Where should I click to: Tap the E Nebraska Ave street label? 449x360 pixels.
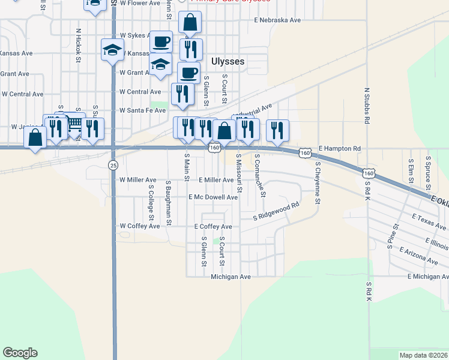point(277,20)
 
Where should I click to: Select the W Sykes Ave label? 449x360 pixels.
point(134,35)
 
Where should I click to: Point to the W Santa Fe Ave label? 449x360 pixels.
point(142,110)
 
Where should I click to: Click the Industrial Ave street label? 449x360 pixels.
point(252,113)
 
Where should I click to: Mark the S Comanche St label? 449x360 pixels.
point(260,176)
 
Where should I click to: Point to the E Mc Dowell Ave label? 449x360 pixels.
point(213,197)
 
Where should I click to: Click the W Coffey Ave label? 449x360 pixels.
point(140,226)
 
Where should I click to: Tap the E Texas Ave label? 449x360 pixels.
point(429,221)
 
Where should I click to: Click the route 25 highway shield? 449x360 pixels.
point(113,164)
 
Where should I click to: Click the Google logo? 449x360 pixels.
point(20,353)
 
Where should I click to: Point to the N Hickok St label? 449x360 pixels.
point(78,45)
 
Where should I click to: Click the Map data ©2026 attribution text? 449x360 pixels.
point(424,355)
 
